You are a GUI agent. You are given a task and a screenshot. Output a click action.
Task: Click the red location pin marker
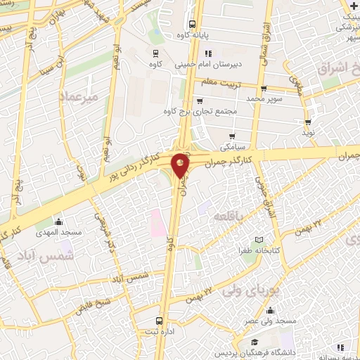point(181,165)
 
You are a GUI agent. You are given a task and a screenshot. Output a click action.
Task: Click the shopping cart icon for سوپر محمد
point(264,89)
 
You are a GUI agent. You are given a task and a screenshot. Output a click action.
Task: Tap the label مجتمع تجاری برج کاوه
point(200,111)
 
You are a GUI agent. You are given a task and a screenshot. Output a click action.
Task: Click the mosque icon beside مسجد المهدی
point(58,222)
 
